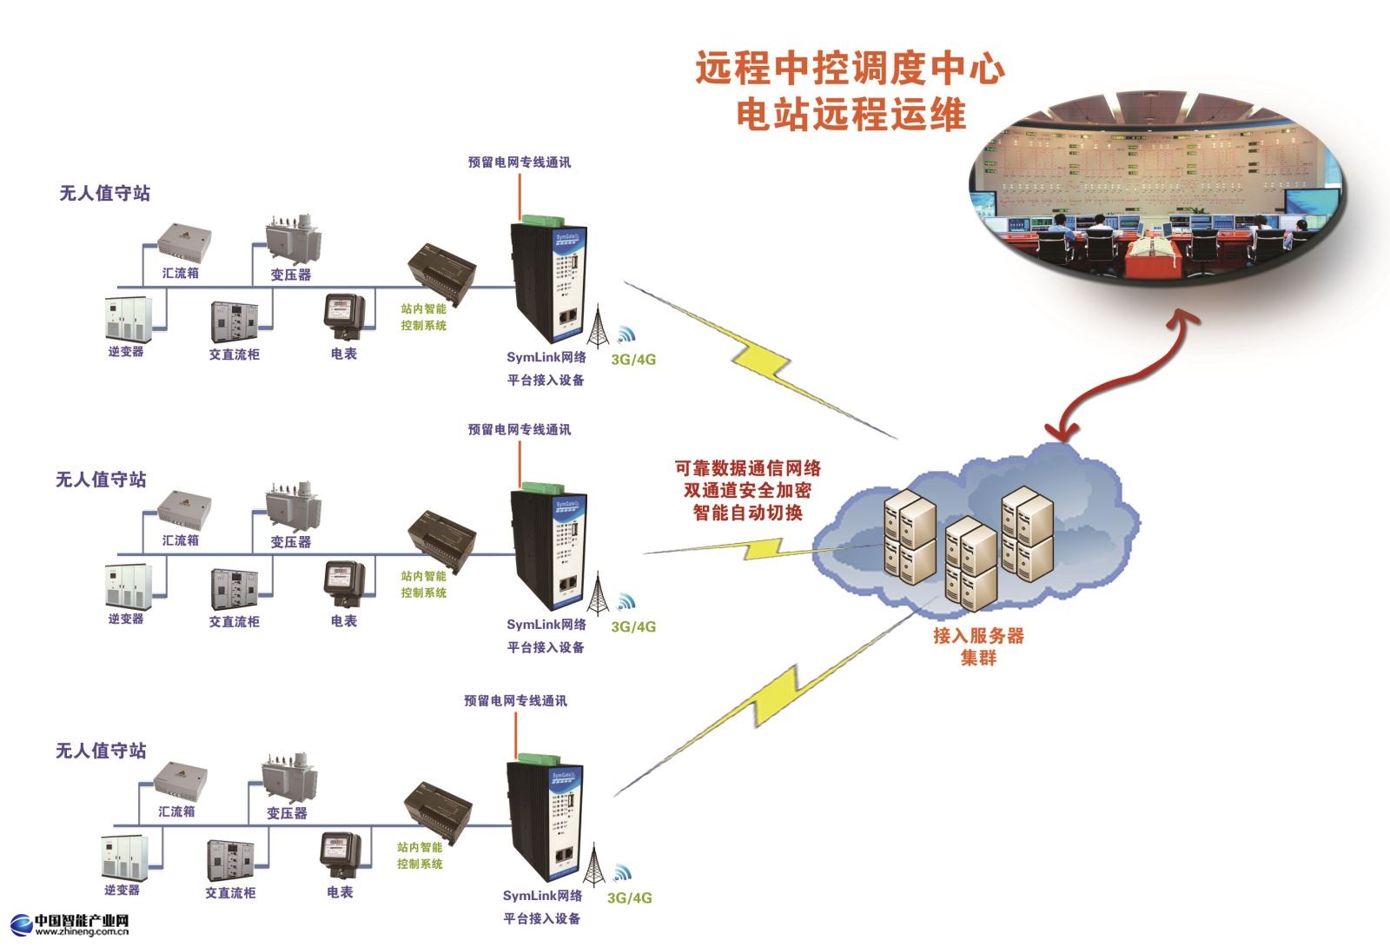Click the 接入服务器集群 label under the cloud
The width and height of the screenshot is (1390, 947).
[x=978, y=646]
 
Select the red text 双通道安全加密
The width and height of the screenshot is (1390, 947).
[x=747, y=490]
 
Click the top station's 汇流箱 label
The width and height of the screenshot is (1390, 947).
[x=181, y=273]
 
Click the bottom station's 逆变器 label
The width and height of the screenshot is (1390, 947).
[x=122, y=890]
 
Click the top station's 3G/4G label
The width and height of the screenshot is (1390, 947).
[x=633, y=359]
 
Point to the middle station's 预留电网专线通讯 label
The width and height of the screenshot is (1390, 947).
[x=520, y=429]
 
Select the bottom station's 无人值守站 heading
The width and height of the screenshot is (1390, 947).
[x=101, y=750]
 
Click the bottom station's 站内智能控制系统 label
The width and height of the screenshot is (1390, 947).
[x=420, y=855]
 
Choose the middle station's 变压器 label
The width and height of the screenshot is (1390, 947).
[x=290, y=541]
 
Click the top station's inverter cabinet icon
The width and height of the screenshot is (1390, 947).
[x=129, y=319]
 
